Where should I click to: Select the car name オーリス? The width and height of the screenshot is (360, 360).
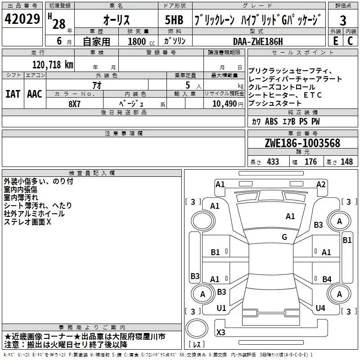117,21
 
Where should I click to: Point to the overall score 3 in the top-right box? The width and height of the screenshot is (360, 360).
343,21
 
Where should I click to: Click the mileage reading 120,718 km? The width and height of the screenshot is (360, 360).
53,64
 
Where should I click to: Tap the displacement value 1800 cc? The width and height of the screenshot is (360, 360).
136,41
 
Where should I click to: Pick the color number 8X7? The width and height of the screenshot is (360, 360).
74,103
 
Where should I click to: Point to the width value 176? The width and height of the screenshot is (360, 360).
311,162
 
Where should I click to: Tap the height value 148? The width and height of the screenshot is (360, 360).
346,162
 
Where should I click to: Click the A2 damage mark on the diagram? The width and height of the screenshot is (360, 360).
321,184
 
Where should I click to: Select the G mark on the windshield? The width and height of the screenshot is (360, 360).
284,237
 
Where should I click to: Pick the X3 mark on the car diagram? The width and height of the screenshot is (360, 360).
220,332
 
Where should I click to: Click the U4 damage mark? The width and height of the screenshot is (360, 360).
320,308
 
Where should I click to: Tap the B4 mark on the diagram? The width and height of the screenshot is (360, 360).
327,279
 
